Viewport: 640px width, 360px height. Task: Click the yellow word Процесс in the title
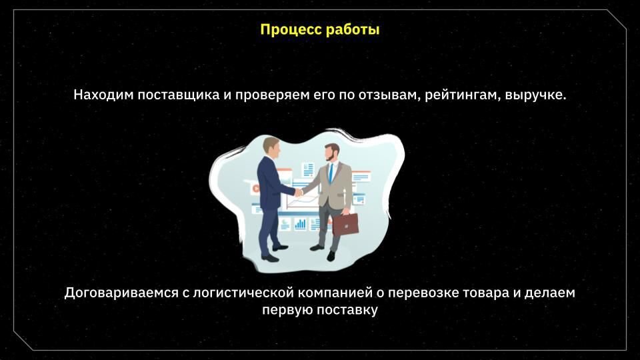pos(289,30)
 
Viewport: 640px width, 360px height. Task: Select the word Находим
pos(103,95)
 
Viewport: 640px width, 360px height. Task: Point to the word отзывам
pos(390,95)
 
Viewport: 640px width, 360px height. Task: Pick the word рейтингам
pos(463,95)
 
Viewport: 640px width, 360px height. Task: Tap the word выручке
pos(535,95)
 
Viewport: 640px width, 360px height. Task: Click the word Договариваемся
pos(121,293)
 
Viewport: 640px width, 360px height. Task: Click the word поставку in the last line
pos(347,310)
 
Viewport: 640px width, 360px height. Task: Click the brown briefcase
pos(346,224)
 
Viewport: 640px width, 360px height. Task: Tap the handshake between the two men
pos(299,192)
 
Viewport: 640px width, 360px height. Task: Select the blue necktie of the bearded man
pos(331,172)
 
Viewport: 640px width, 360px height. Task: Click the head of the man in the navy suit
pos(271,149)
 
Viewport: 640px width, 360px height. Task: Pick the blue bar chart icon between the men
pos(301,224)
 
